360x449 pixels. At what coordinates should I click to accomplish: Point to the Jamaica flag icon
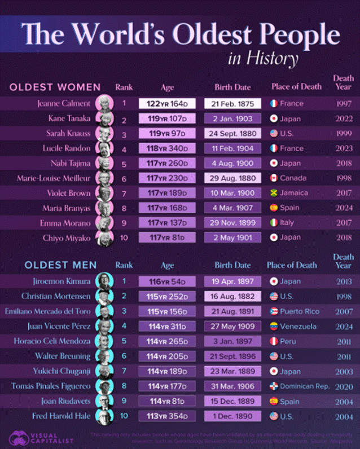click(x=274, y=193)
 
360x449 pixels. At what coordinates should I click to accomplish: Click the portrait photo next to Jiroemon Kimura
click(x=102, y=281)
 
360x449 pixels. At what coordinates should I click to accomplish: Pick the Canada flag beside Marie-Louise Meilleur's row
click(x=274, y=178)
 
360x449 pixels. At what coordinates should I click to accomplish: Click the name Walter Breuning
click(x=62, y=356)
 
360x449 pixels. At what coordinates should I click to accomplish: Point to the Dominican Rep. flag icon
click(x=274, y=386)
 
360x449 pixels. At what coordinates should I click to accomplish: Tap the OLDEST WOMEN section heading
click(x=55, y=87)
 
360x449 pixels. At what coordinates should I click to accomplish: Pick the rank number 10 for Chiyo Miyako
click(x=124, y=237)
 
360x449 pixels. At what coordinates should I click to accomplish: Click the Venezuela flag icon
click(x=274, y=326)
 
